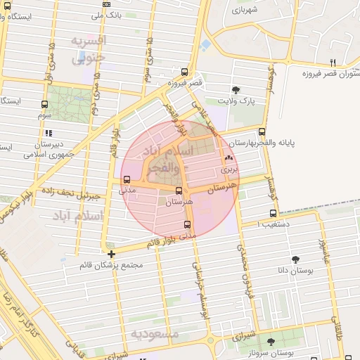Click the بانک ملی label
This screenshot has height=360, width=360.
coord(112,13)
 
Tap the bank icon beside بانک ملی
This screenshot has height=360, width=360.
coord(106,4)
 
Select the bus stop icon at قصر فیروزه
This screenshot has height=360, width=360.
coord(184,72)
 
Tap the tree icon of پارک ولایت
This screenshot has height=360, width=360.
coord(236,89)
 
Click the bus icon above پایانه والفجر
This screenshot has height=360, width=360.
coord(262,131)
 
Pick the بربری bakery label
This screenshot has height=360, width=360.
coord(230,169)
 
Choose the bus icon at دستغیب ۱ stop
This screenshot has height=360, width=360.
coord(273,214)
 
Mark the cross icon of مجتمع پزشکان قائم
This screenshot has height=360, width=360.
coord(111,254)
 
